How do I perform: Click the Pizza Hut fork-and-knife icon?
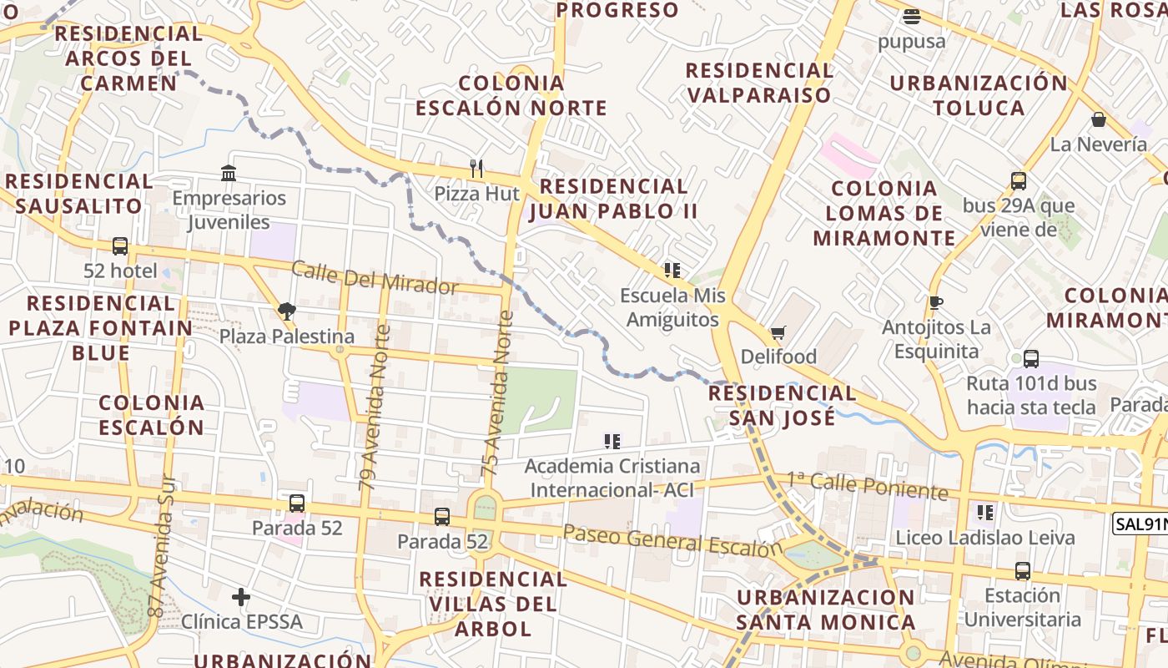click(x=476, y=169)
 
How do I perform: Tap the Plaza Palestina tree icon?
click(x=287, y=311)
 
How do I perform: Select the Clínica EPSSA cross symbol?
click(x=241, y=597)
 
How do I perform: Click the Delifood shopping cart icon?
click(x=778, y=333)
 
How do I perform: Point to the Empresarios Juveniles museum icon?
click(x=229, y=173)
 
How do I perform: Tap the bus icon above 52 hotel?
click(x=120, y=246)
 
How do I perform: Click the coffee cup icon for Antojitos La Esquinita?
click(x=935, y=303)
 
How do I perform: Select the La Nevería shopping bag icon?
click(x=1099, y=120)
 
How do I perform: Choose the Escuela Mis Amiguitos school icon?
click(x=672, y=271)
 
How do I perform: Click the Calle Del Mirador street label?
click(x=375, y=277)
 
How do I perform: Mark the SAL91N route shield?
click(x=1140, y=524)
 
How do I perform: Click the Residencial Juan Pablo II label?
click(x=613, y=199)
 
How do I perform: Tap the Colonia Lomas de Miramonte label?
click(x=884, y=213)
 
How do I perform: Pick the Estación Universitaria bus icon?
click(x=1022, y=571)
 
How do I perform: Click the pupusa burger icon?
click(x=911, y=17)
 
